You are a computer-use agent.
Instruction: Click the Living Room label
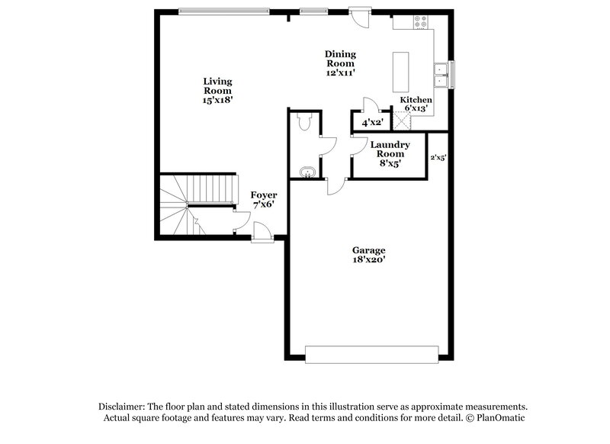217,90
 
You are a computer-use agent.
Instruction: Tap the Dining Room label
340,63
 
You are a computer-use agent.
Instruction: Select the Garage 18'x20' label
368,255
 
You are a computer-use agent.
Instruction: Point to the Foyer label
264,199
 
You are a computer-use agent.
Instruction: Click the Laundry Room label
390,153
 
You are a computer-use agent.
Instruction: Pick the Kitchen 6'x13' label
416,104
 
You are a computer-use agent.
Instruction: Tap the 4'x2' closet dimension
372,122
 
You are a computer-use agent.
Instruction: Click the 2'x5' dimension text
438,158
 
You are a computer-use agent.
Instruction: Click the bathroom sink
307,172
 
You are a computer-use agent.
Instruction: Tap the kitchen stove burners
419,22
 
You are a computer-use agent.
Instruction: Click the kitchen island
400,70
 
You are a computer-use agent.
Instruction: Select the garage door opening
372,354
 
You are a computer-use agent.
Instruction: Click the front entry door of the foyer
261,231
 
